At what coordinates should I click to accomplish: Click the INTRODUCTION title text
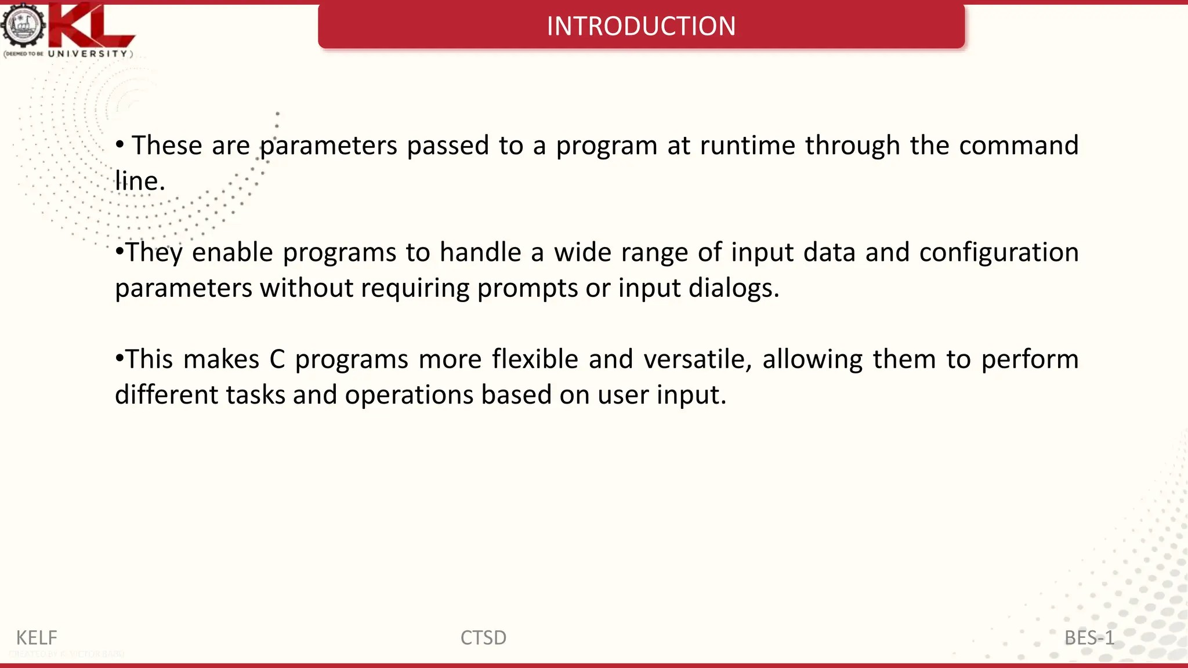click(641, 26)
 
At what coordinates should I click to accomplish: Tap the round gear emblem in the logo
click(23, 26)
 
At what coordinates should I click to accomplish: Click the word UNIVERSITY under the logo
click(88, 53)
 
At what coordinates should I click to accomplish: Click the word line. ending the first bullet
click(140, 181)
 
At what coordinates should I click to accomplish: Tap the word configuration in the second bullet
click(998, 253)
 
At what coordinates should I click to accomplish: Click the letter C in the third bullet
click(277, 360)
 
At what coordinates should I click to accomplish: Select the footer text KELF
click(37, 638)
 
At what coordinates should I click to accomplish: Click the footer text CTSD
click(483, 638)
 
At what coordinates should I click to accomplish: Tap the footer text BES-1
click(1089, 638)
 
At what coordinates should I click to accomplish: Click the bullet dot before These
click(119, 144)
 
